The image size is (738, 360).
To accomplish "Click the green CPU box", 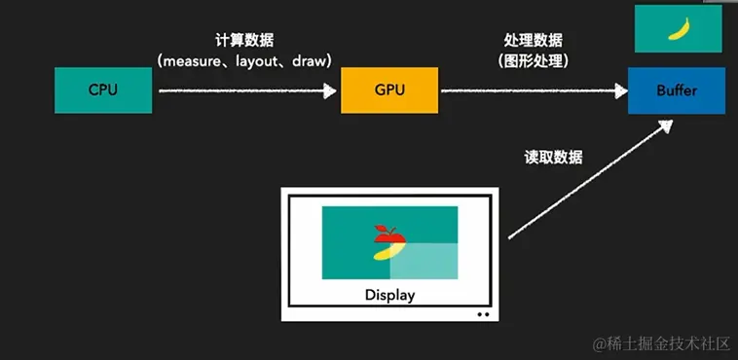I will coord(103,90).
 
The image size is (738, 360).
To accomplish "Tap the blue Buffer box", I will coord(677,90).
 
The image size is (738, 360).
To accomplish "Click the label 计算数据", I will coord(243,41).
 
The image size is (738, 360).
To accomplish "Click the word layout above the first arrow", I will coord(264,60).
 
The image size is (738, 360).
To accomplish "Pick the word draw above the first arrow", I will coord(314,60).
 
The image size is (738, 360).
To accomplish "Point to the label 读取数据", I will coord(552,157).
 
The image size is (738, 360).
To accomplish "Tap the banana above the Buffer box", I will coord(678,29).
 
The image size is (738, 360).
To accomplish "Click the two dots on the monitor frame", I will coord(483,314).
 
